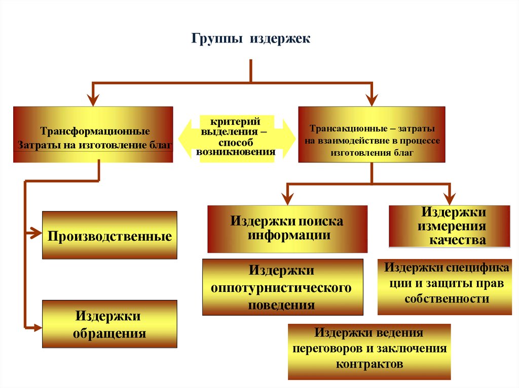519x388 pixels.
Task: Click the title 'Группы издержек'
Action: coord(250,39)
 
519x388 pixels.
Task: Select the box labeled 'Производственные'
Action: coord(109,236)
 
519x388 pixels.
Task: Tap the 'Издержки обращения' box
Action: coord(109,324)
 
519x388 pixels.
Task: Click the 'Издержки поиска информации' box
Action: coord(287,228)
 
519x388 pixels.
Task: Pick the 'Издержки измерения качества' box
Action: coord(449,226)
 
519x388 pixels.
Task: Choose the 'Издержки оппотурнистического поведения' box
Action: coord(282,287)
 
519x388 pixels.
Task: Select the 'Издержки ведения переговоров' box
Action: coord(368,351)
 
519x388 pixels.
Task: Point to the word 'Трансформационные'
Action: coord(95,132)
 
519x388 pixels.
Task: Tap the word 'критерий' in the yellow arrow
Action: coord(236,122)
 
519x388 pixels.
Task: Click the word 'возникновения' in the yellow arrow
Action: coord(236,151)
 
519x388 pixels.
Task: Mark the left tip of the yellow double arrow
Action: coord(178,137)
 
